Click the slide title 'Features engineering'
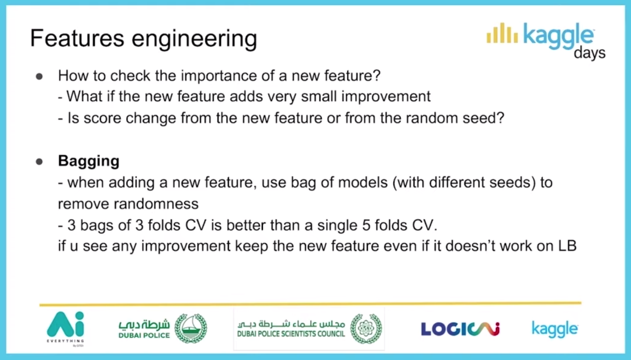(144, 39)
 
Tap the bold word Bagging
(89, 161)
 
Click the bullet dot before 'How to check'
(39, 76)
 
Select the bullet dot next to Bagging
(39, 162)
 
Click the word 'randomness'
(129, 204)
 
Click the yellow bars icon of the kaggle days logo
(502, 33)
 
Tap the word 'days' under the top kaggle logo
(590, 53)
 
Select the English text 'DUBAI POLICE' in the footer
(144, 335)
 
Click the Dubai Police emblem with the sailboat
(190, 328)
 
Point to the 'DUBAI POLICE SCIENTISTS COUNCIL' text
(291, 334)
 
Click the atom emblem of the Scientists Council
(366, 328)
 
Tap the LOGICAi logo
(460, 328)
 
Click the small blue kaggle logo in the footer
(555, 329)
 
